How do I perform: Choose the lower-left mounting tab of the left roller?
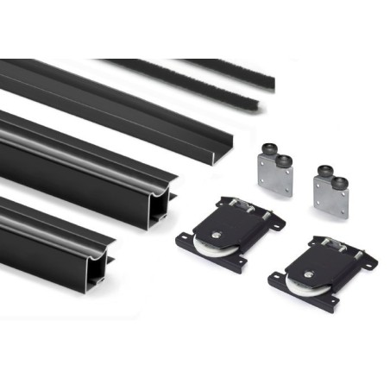point(185,241)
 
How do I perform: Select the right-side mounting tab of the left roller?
point(275,223)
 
